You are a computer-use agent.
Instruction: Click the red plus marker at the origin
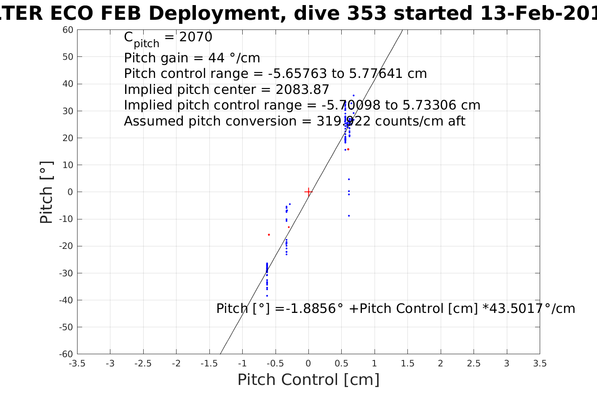(308, 192)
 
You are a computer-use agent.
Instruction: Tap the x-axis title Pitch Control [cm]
(308, 380)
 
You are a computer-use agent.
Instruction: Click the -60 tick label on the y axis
(66, 354)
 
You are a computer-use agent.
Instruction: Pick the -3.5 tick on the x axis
(77, 363)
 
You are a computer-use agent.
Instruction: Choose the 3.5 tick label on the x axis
(540, 363)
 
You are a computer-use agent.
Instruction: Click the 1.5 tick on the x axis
(407, 363)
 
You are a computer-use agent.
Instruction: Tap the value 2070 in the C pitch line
(196, 37)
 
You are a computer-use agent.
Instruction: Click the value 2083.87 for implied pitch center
(302, 90)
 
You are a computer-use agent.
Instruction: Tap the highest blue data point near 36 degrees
(353, 96)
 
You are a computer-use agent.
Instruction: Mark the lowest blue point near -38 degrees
(267, 296)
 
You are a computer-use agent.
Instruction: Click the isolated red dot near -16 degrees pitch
(269, 235)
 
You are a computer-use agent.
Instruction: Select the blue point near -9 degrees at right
(349, 216)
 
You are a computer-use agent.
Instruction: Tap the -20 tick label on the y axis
(66, 246)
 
